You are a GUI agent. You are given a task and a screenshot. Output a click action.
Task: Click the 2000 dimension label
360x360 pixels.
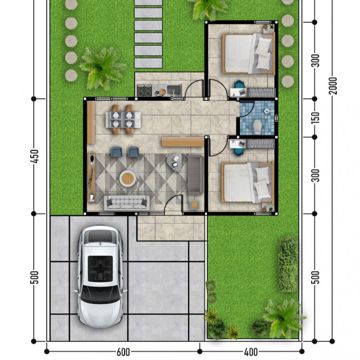[x=333, y=85]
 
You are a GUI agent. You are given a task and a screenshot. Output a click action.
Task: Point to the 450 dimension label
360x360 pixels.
[x=35, y=156]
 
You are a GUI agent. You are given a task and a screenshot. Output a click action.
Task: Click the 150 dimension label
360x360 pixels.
[x=316, y=118]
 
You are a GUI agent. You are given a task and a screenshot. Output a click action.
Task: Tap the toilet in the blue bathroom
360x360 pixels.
[x=257, y=126]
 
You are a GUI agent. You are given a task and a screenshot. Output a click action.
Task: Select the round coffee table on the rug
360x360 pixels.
[x=128, y=178]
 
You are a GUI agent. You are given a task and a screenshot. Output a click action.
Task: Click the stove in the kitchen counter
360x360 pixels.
[x=144, y=90]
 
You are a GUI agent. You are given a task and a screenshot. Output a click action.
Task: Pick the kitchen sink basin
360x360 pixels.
[x=174, y=90]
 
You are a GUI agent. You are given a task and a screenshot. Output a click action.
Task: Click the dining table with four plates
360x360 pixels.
[x=123, y=119]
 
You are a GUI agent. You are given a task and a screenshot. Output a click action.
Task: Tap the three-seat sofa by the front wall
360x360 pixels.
[x=127, y=203]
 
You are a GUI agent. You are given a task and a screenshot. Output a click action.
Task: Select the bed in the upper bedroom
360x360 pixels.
[x=248, y=54]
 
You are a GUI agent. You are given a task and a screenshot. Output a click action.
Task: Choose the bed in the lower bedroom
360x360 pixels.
[x=247, y=182]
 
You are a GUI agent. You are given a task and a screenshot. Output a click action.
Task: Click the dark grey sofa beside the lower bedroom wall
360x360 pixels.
[x=195, y=175]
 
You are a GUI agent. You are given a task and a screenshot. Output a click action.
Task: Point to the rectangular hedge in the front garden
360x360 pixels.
[x=288, y=264]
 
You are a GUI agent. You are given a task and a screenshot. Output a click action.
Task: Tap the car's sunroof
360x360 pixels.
[x=100, y=269]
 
